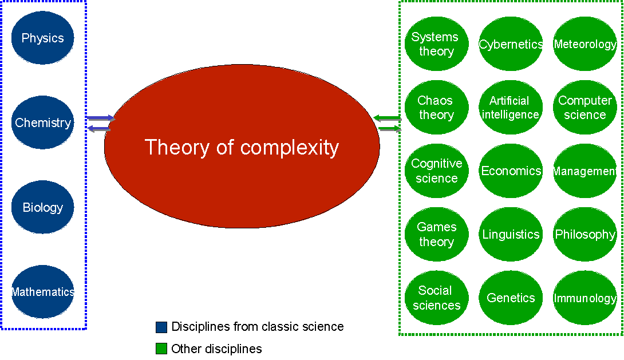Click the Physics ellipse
point(42,38)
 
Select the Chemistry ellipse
point(42,122)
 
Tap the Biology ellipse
point(42,207)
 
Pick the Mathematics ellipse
point(42,292)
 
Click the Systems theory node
point(437,43)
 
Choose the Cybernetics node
point(511,43)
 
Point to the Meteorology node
point(585,43)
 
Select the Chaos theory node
point(437,108)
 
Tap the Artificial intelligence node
point(511,108)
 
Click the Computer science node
point(585,108)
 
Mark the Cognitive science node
point(437,171)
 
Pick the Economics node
point(511,171)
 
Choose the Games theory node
point(437,234)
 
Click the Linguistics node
point(511,234)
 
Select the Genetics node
point(511,298)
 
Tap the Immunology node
point(585,298)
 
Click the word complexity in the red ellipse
point(290,148)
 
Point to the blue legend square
point(161,327)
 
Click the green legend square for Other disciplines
point(161,349)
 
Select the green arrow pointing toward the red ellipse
point(388,118)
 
